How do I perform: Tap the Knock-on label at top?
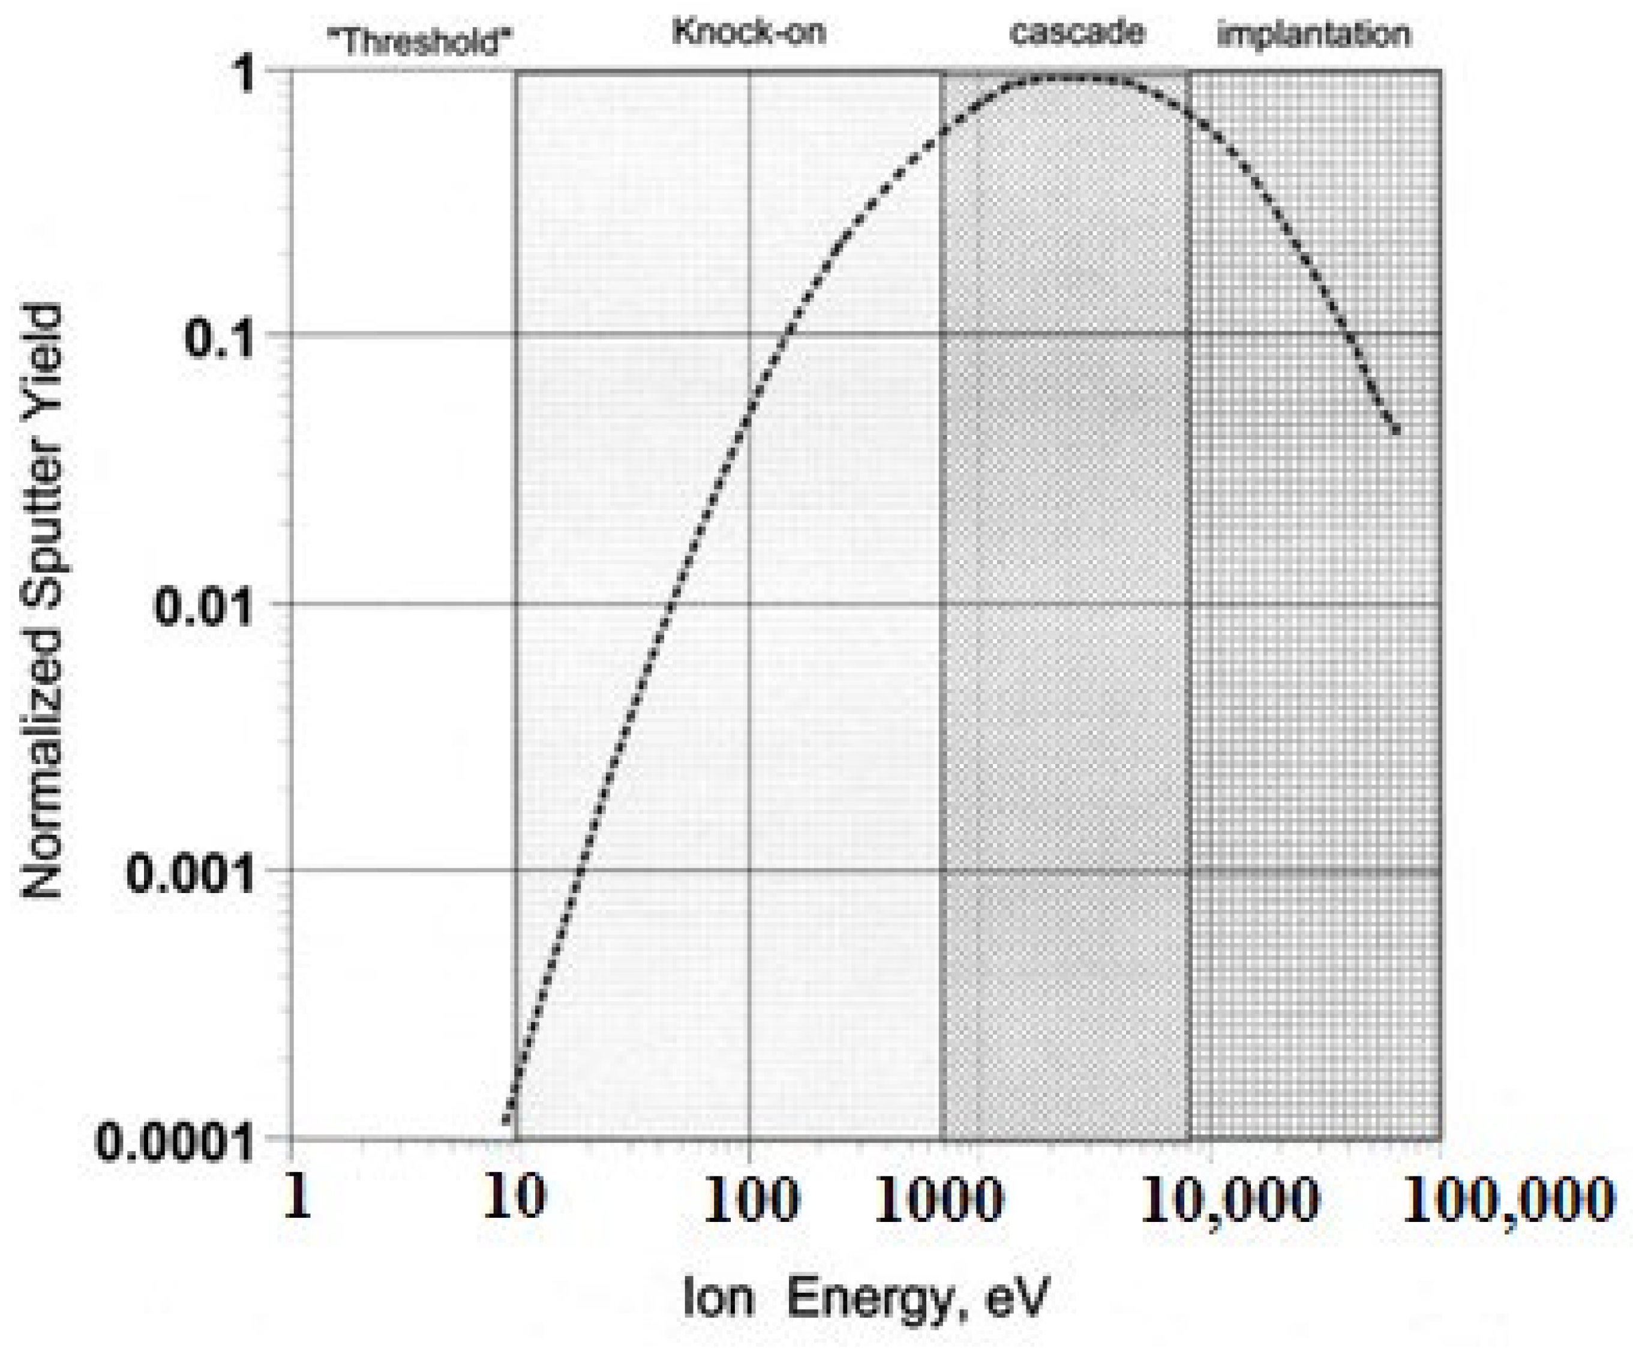tap(748, 32)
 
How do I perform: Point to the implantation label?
tap(1313, 34)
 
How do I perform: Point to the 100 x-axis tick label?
tap(751, 1200)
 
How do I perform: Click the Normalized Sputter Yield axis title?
tap(42, 602)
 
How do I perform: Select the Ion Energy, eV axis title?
tap(866, 1297)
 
